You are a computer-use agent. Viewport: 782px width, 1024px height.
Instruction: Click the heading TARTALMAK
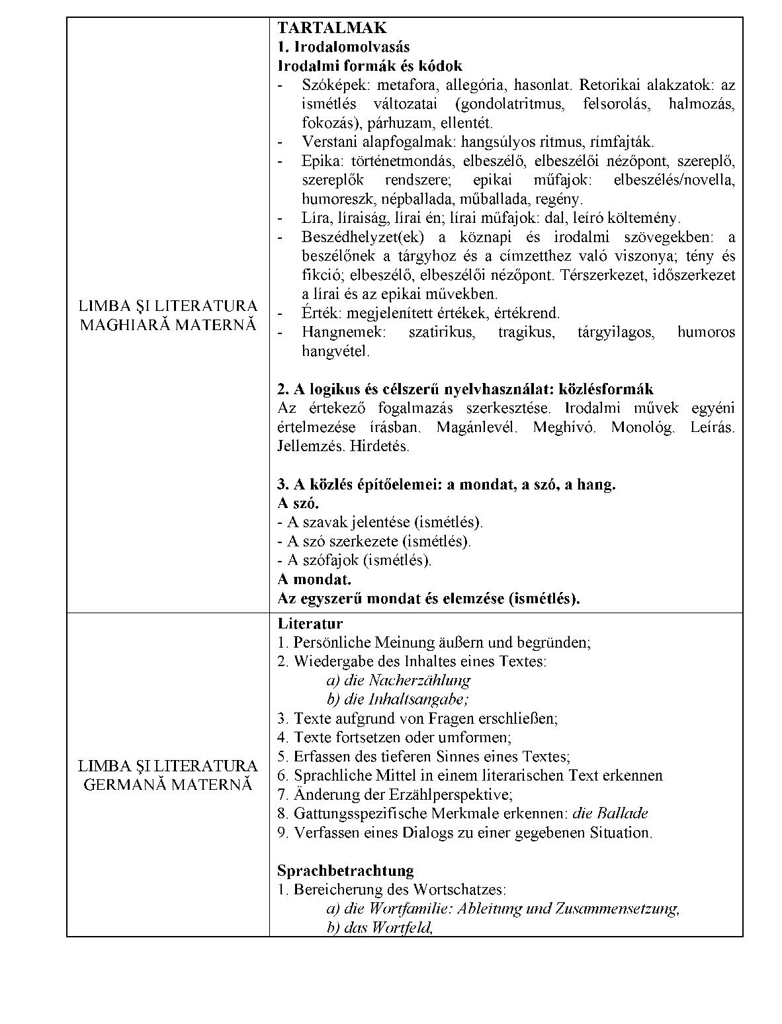331,28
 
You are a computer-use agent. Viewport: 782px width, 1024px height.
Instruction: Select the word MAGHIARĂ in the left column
126,325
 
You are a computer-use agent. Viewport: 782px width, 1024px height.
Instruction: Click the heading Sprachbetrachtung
345,870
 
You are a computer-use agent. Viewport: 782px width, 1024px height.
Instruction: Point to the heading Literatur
310,623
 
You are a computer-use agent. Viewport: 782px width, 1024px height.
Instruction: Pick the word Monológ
643,427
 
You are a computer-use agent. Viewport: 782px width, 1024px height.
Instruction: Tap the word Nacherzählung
419,680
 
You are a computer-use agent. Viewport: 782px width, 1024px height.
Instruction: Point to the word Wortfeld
402,927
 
